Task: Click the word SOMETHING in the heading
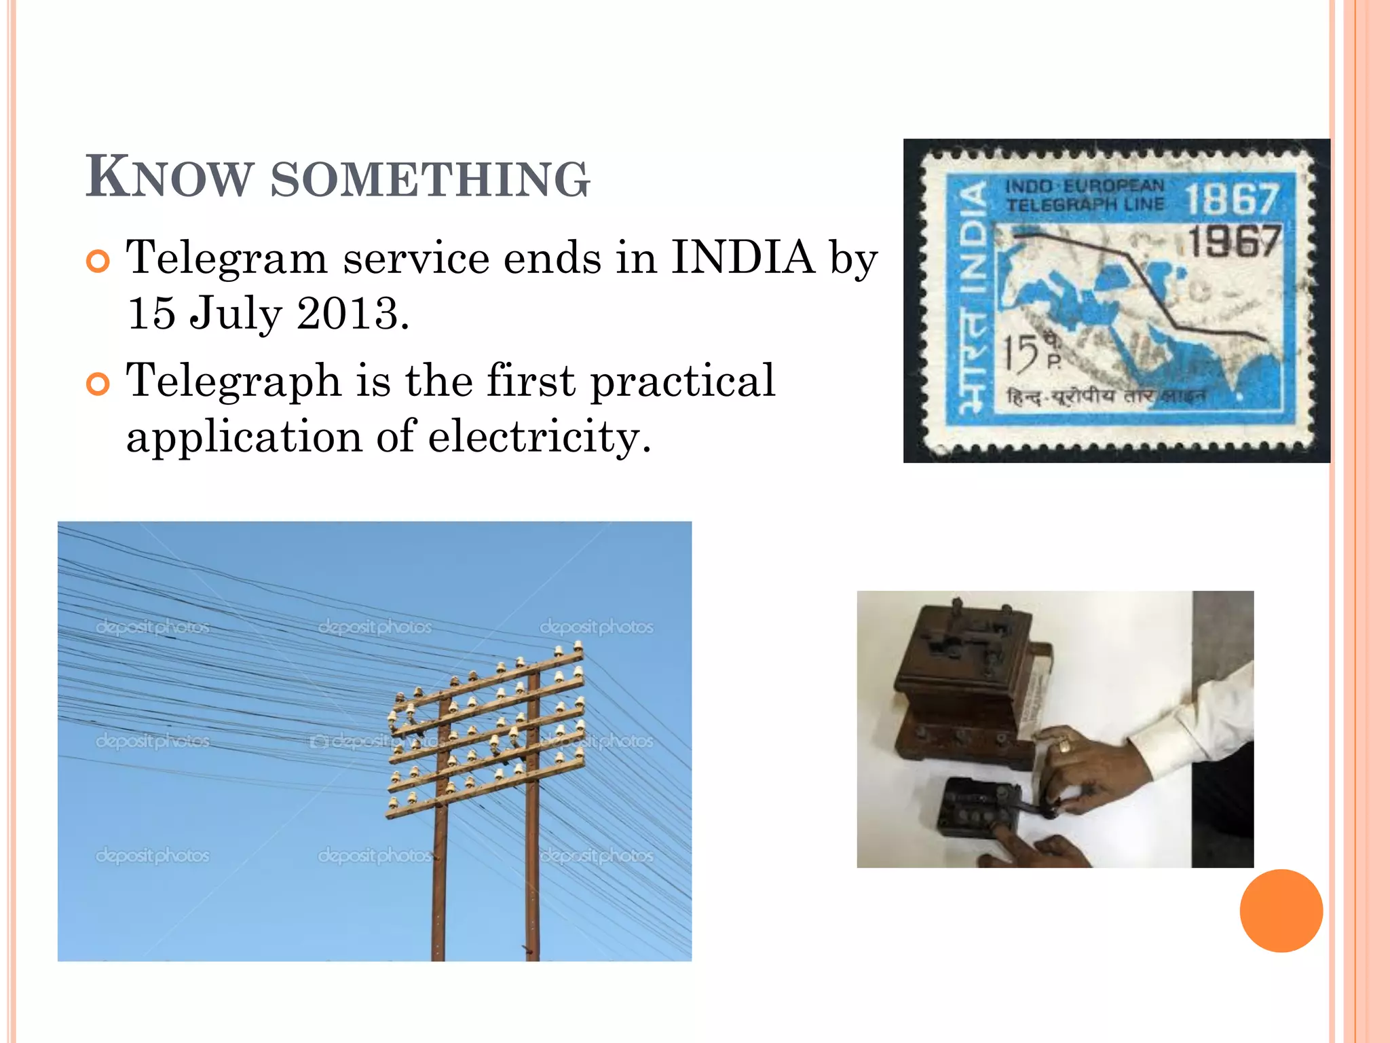[x=430, y=180]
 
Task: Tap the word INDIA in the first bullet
[x=743, y=258]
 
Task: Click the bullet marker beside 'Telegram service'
[x=98, y=261]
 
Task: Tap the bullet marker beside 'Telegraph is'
[x=98, y=384]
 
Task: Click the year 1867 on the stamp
[x=1231, y=200]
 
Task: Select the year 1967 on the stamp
[x=1234, y=241]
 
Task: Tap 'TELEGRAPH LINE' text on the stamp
[x=1085, y=204]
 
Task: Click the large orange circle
[x=1281, y=911]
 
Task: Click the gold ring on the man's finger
[x=1065, y=746]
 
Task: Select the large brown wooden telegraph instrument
[x=964, y=686]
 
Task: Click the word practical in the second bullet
[x=683, y=382]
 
